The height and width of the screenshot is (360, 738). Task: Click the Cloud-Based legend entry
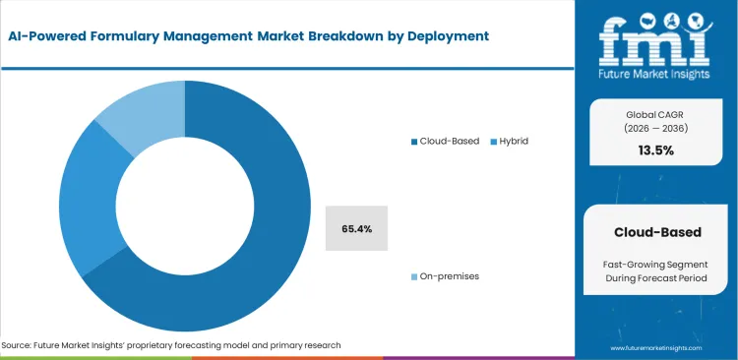(446, 141)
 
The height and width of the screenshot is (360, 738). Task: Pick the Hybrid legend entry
(510, 141)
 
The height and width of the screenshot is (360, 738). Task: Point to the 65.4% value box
(356, 228)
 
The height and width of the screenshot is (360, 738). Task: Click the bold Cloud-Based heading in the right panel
(657, 232)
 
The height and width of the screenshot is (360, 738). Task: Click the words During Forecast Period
(657, 281)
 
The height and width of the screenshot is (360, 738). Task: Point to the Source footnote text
(171, 345)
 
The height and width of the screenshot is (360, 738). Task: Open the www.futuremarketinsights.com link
(655, 348)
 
